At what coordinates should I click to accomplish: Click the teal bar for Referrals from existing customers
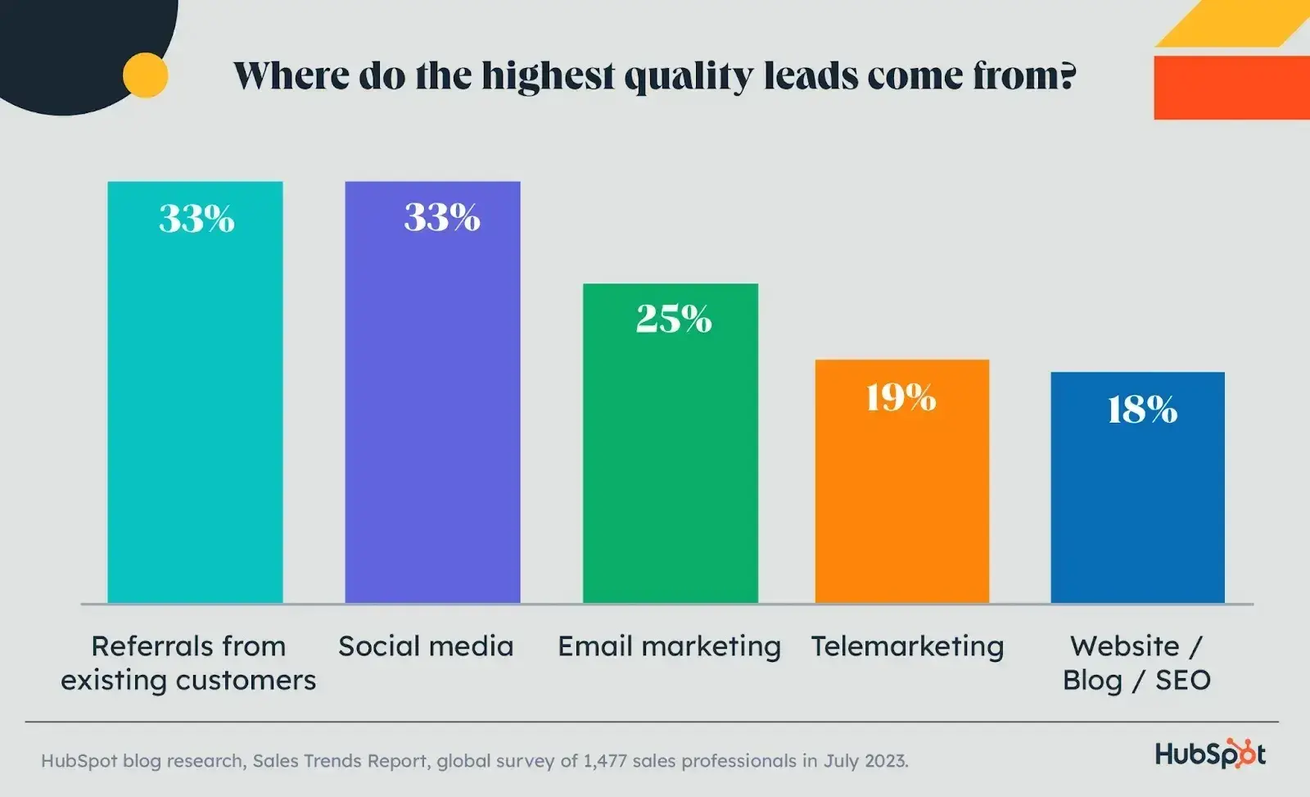point(195,410)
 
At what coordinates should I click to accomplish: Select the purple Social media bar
point(432,410)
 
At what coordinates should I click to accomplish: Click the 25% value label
point(674,319)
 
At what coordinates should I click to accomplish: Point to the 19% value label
point(901,398)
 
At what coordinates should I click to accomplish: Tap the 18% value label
point(1142,410)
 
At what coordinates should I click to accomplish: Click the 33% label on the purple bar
point(441,218)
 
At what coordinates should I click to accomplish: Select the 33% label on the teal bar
point(196,219)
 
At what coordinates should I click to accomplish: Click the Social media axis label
point(426,646)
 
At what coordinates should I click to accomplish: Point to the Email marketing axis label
point(669,646)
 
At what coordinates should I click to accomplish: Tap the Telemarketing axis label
point(907,646)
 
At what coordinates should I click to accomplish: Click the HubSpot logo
point(1209,754)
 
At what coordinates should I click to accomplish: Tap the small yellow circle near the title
point(146,75)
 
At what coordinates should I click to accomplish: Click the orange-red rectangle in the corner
point(1231,88)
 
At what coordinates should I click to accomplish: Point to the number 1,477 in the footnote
point(604,761)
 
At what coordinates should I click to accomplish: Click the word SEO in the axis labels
point(1182,680)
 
